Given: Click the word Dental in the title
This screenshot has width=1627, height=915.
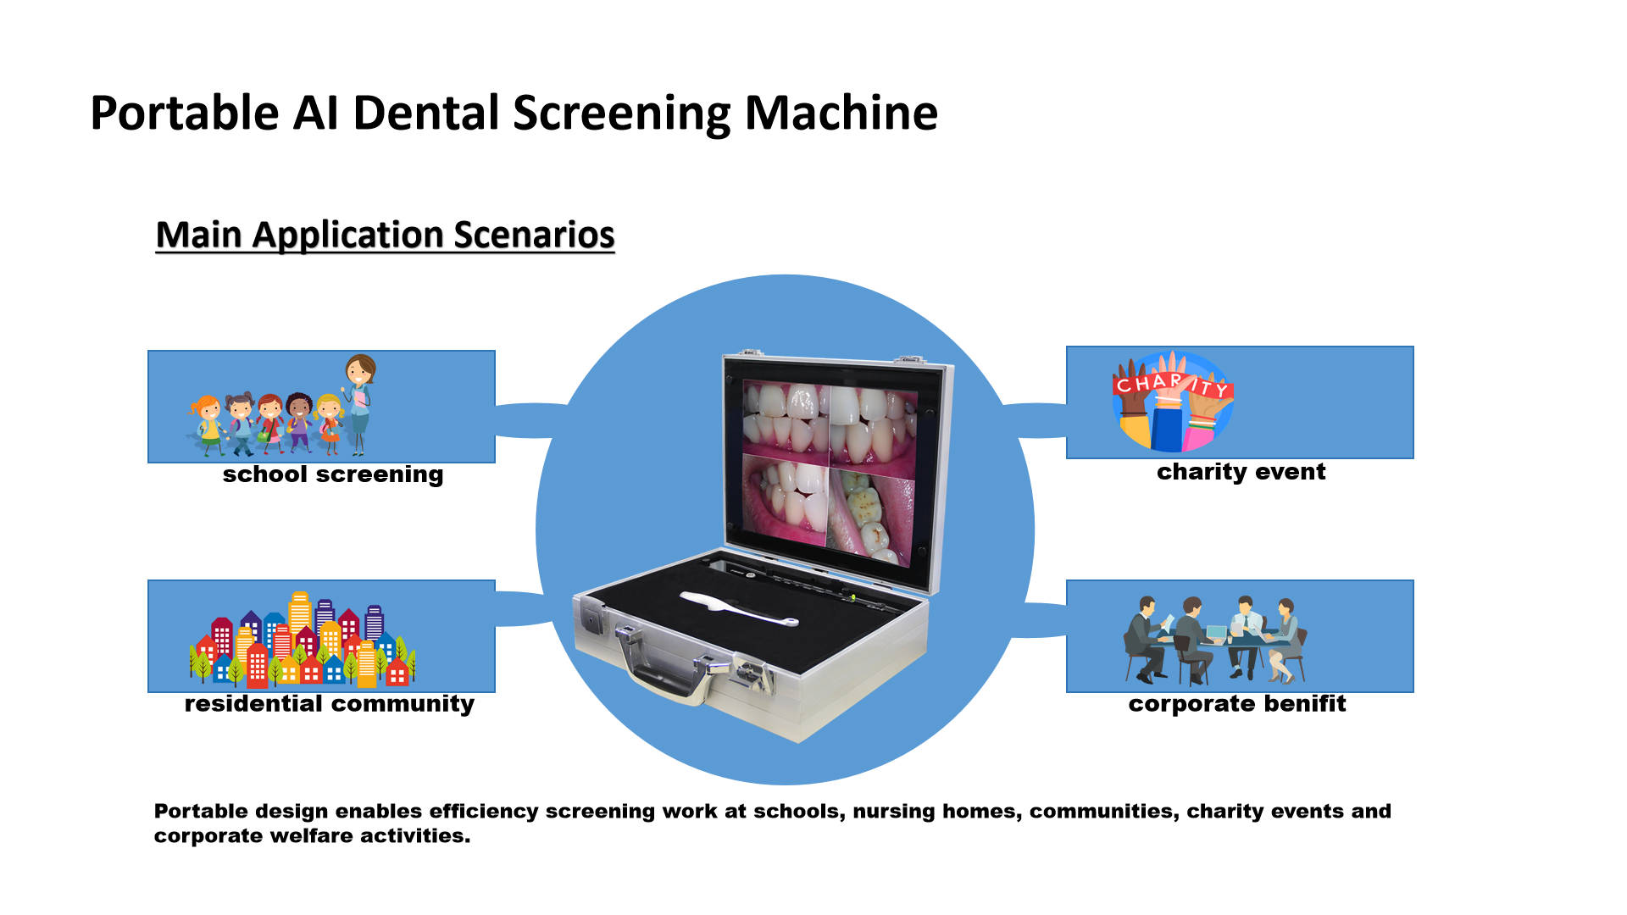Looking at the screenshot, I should click(x=426, y=113).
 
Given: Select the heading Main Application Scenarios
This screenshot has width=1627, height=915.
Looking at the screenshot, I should click(x=385, y=235).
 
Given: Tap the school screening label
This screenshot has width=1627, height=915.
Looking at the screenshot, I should click(x=333, y=474).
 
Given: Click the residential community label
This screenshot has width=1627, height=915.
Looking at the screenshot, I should click(x=329, y=704).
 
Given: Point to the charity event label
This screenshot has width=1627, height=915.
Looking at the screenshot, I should click(x=1241, y=472).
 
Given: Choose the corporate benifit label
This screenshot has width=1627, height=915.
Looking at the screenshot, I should click(x=1236, y=704).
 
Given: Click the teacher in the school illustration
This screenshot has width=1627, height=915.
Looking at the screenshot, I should click(x=359, y=402).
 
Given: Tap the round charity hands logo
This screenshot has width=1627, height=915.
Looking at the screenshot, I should click(x=1172, y=402).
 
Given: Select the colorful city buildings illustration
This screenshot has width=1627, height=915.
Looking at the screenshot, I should click(x=302, y=640).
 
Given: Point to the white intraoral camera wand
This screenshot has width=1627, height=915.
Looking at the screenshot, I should click(x=737, y=609).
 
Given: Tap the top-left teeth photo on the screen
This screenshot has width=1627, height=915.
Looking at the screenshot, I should click(x=785, y=419).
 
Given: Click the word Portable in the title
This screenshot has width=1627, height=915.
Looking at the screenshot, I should click(x=185, y=113).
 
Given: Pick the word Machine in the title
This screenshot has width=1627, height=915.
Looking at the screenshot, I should click(x=841, y=113).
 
